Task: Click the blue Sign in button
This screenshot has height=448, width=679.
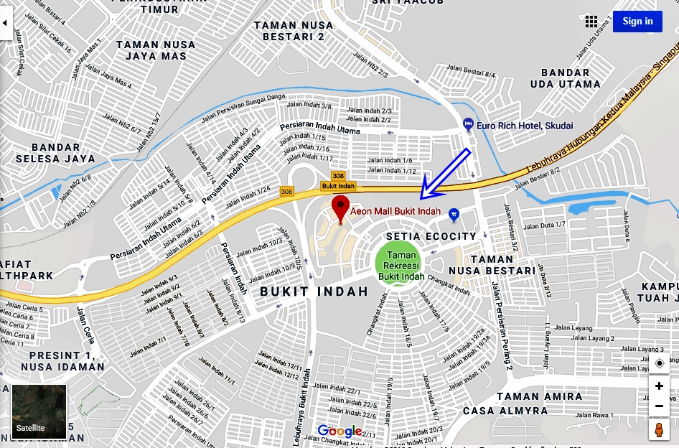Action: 637,21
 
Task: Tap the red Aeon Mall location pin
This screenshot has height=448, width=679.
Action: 340,210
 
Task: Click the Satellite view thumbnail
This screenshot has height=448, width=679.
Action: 39,412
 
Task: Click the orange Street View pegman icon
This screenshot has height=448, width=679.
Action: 659,429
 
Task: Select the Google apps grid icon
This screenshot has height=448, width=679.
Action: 591,21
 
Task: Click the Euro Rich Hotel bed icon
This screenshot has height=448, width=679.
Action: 468,125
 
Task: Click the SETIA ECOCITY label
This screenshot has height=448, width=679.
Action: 431,236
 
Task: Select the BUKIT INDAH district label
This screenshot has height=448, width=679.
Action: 314,291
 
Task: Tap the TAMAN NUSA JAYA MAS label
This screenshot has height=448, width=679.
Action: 155,50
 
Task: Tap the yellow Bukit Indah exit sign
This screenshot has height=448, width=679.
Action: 338,186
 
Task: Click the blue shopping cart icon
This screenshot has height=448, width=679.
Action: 454,214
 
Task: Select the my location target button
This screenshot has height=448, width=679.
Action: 659,363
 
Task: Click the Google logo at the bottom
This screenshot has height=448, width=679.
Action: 339,431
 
